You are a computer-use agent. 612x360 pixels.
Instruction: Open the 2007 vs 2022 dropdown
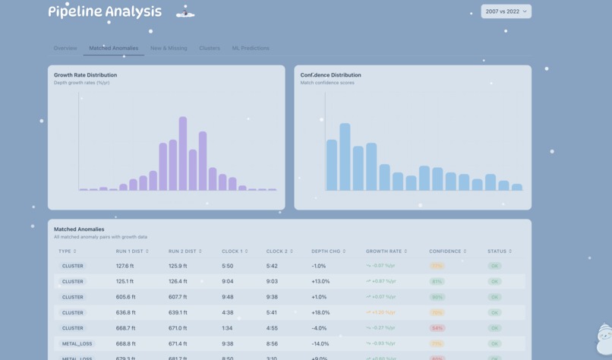point(506,11)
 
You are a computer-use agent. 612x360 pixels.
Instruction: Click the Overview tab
point(65,48)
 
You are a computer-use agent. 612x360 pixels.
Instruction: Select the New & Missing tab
point(169,48)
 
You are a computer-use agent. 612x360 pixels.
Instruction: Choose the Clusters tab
point(210,48)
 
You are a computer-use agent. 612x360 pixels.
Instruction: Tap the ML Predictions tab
point(251,48)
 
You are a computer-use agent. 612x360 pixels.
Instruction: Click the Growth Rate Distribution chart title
point(85,75)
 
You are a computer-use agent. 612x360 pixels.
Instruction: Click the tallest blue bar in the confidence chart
point(345,156)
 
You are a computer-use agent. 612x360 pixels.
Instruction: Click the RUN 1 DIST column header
point(130,251)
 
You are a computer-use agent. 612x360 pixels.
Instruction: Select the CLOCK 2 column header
point(278,251)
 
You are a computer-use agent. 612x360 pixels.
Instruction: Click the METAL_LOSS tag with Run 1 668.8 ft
point(77,343)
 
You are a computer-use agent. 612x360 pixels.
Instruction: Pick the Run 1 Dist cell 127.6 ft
point(125,266)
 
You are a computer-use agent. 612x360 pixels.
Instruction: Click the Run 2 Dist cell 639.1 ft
point(178,312)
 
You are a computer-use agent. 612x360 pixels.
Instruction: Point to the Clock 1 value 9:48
point(228,297)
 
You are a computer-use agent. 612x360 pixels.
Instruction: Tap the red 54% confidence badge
point(437,328)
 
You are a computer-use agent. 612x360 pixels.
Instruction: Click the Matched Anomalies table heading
point(79,229)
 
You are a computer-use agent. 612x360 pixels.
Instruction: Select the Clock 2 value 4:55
point(272,328)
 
